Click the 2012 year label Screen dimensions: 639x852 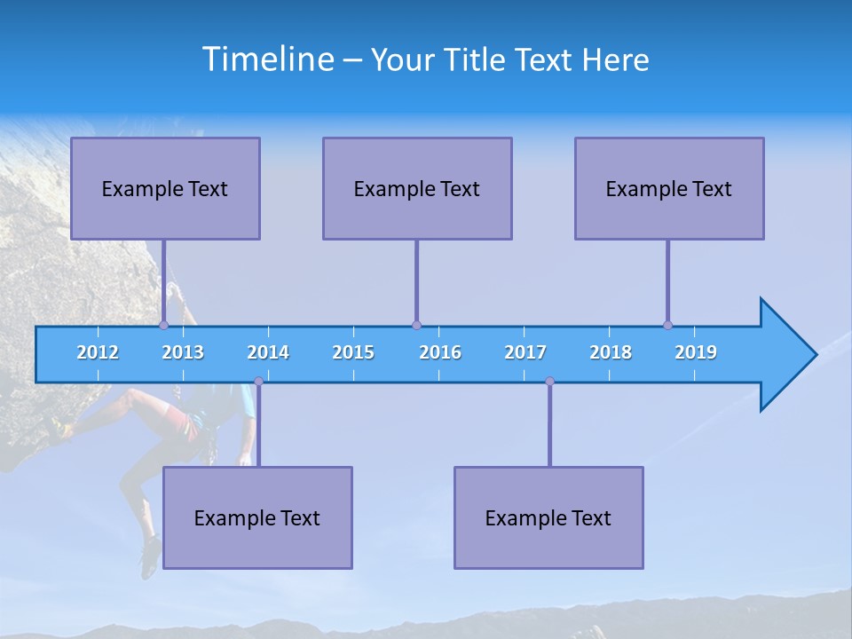click(98, 352)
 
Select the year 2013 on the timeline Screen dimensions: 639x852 click(183, 352)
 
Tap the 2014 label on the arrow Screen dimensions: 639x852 click(268, 352)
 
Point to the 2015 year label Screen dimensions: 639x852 click(353, 352)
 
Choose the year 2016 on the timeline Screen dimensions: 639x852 click(440, 352)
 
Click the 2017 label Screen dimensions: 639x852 click(525, 352)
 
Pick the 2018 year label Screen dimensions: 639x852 click(611, 352)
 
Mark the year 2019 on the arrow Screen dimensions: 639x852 click(696, 352)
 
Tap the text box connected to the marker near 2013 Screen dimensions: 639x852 click(165, 188)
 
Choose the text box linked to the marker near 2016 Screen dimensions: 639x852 click(417, 188)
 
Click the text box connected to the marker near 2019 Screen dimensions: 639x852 click(669, 188)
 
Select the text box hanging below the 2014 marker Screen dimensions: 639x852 click(257, 517)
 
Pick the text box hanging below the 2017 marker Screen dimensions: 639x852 click(548, 517)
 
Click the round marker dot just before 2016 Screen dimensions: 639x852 click(416, 325)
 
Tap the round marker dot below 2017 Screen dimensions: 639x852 click(549, 381)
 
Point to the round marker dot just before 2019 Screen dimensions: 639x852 click(667, 325)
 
